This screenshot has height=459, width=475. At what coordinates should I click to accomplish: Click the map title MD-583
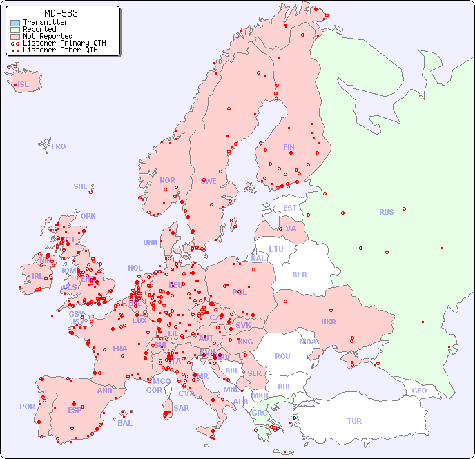[x=61, y=13]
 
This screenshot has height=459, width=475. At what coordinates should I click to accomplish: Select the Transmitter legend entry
[x=45, y=22]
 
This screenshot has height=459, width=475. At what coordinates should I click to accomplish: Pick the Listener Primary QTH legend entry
[x=64, y=43]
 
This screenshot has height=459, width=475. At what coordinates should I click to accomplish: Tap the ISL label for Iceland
[x=23, y=85]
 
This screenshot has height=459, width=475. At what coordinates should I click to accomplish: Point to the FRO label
[x=59, y=146]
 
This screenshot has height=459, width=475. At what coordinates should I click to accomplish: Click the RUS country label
[x=386, y=212]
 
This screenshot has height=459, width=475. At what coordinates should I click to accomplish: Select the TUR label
[x=354, y=421]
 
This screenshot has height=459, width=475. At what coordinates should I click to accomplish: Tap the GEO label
[x=419, y=391]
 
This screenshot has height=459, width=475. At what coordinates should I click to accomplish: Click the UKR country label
[x=329, y=322]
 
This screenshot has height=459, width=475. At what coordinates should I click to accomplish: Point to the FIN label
[x=289, y=147]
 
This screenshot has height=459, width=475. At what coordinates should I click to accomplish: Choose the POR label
[x=27, y=407]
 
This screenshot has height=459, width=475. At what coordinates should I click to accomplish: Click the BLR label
[x=300, y=274]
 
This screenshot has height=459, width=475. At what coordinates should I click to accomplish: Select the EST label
[x=290, y=208]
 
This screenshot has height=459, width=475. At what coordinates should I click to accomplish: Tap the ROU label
[x=282, y=356]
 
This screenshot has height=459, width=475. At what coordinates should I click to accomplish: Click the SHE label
[x=81, y=186]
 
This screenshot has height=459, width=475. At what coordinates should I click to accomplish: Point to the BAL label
[x=125, y=423]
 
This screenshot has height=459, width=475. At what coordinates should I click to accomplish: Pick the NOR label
[x=167, y=180]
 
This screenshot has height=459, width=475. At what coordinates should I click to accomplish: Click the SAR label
[x=182, y=408]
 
